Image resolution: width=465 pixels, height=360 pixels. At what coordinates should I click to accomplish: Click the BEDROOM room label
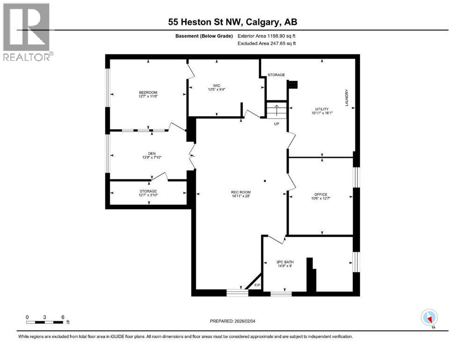pos(148,92)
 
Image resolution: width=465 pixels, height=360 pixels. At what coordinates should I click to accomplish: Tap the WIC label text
pos(216,85)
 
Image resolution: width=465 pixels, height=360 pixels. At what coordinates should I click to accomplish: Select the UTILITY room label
pos(322,109)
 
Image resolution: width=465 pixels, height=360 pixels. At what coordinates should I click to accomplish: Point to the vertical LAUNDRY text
pos(347,98)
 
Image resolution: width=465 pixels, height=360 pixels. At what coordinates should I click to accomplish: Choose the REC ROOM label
pos(241,191)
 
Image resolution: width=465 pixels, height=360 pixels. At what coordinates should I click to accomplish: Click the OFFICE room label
pos(321,195)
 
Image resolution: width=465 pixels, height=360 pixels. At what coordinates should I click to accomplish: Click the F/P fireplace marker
pos(257,285)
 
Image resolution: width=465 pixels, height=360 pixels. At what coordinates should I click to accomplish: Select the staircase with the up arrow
pos(276,112)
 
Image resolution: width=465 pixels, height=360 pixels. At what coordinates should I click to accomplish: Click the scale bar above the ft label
pos(45,322)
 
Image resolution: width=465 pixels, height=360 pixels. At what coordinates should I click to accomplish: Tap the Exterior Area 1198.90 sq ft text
pos(267,36)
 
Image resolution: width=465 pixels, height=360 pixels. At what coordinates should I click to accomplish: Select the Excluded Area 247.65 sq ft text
pos(267,43)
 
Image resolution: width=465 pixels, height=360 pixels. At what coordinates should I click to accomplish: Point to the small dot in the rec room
pos(265,180)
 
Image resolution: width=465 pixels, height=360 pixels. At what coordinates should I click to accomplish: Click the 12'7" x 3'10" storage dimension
pos(148,195)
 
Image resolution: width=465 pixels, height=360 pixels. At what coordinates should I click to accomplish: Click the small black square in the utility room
pos(293,85)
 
